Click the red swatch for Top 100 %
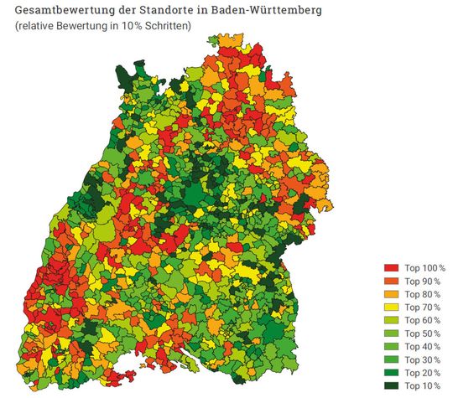tap(391, 267)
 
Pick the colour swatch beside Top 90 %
tap(391, 281)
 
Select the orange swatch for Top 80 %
tap(391, 294)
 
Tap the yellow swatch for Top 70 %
tap(391, 307)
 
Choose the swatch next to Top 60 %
tap(391, 320)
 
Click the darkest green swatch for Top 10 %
tap(391, 385)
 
